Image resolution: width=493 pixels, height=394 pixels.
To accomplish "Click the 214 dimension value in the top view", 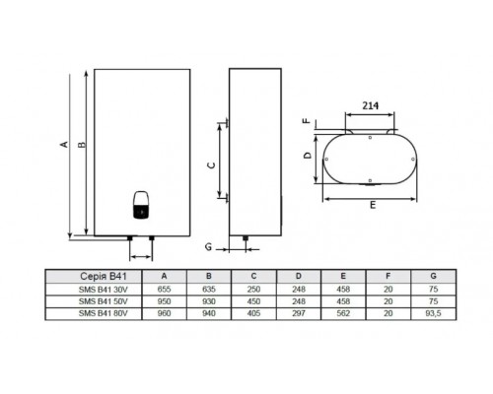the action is coord(371,105).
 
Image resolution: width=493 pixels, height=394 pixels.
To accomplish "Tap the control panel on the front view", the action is coord(142,205).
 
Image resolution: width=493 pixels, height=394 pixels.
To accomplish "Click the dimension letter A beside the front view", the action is coord(65,144).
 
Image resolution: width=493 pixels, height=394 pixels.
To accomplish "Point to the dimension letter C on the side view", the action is coord(212,165).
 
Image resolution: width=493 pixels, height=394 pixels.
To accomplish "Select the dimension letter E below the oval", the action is coord(373,205).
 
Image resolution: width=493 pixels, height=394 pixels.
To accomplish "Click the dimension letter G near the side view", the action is coord(208,246).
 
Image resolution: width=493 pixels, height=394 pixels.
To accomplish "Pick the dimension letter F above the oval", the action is coord(307,120).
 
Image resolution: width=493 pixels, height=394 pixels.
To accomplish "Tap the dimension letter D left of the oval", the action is coord(308,155).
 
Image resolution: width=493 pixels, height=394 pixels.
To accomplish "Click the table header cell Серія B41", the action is coord(104,277).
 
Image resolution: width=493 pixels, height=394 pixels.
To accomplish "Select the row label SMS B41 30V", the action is coord(104,290).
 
